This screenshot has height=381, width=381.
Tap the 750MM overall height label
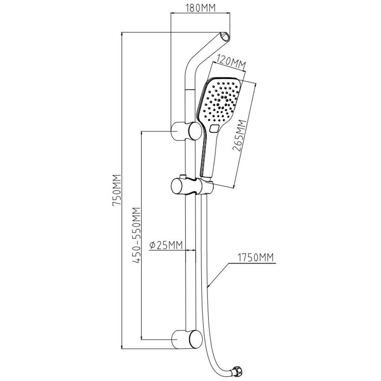(117, 190)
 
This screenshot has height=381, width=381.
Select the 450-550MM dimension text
(137, 236)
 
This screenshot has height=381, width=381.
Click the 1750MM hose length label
(256, 258)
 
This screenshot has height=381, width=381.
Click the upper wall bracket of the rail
(186, 131)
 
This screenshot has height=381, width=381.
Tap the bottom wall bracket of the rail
(186, 338)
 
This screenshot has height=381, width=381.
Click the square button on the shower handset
(214, 129)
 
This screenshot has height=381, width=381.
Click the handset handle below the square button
(208, 156)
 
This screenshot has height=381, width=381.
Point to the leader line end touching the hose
(208, 286)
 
